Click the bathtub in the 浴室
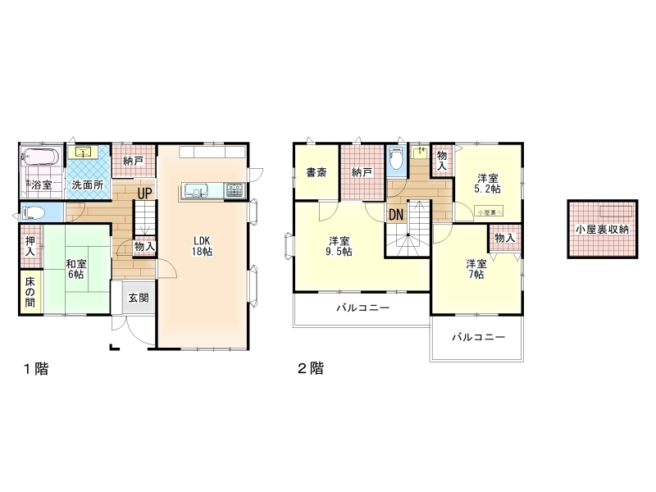point(41,157)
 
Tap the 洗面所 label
point(88,184)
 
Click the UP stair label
point(145,194)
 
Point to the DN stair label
point(396,215)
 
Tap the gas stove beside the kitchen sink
point(235,190)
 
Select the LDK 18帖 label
point(202,246)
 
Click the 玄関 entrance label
point(139,298)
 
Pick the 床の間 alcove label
point(30,292)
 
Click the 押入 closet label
point(30,246)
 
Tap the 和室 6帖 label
point(76,269)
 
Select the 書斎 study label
point(317,172)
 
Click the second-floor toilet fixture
point(396,159)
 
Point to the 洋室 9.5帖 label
point(339,246)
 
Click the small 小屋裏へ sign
point(490,212)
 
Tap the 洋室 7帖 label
point(476,269)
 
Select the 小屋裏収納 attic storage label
point(602,230)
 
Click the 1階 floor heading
point(36,368)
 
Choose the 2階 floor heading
point(311,368)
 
